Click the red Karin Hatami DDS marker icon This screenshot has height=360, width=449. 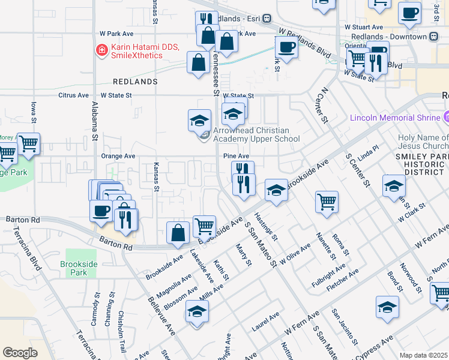[x=102, y=49]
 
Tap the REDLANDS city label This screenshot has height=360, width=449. [x=135, y=81]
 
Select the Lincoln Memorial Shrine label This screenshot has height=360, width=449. [x=394, y=118]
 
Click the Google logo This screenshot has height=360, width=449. [x=20, y=353]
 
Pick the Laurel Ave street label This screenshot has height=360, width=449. [x=265, y=322]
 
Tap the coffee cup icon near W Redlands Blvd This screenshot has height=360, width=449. [x=286, y=47]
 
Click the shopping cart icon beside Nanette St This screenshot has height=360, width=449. [x=327, y=202]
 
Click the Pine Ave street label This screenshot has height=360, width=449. [x=236, y=156]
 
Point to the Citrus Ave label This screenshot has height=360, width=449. [x=74, y=95]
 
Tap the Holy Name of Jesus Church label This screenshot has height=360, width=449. [x=423, y=142]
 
